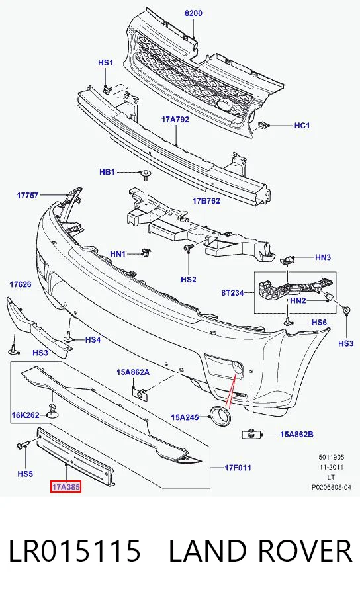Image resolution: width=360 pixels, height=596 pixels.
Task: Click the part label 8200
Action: pyautogui.click(x=193, y=13)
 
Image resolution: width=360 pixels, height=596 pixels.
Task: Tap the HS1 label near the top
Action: pyautogui.click(x=105, y=63)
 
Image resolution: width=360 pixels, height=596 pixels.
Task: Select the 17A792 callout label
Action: pyautogui.click(x=175, y=119)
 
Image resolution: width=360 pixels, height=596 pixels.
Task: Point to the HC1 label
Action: pyautogui.click(x=302, y=126)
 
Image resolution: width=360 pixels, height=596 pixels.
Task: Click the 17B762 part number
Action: pyautogui.click(x=206, y=200)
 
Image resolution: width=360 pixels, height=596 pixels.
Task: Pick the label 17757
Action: pyautogui.click(x=28, y=195)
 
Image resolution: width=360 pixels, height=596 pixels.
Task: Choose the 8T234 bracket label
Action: pyautogui.click(x=232, y=293)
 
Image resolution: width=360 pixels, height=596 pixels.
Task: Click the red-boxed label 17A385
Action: pyautogui.click(x=66, y=487)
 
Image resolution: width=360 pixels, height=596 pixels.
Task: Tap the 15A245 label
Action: pyautogui.click(x=185, y=417)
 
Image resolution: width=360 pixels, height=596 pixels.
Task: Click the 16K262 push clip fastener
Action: pyautogui.click(x=52, y=411)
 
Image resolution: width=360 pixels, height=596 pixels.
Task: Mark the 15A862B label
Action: pyautogui.click(x=296, y=434)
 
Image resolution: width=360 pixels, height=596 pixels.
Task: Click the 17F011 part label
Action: pyautogui.click(x=238, y=468)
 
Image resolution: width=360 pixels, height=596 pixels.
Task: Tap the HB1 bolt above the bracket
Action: pyautogui.click(x=146, y=174)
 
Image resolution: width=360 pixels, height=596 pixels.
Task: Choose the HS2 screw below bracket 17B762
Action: pyautogui.click(x=188, y=249)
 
